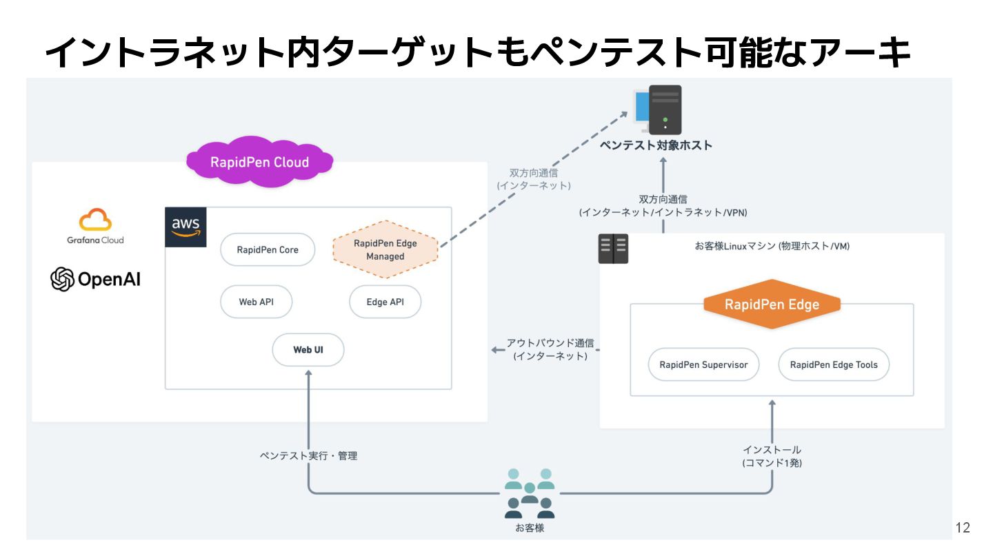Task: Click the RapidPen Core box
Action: (268, 250)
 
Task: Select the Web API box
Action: (257, 302)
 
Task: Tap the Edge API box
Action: (385, 302)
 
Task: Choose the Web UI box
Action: (308, 350)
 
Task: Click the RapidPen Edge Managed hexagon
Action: (385, 249)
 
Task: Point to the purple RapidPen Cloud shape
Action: (259, 163)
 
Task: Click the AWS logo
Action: (185, 227)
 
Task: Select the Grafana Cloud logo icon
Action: (95, 220)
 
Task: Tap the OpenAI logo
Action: (95, 279)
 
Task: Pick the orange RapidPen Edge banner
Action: (772, 304)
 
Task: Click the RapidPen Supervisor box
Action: (703, 364)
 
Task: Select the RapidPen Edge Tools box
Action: (834, 364)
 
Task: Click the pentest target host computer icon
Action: (658, 110)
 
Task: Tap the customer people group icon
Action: (529, 493)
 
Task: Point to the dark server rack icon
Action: (613, 249)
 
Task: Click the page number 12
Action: (963, 528)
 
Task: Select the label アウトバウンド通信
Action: (550, 342)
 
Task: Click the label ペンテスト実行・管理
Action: (308, 455)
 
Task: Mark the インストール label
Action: (772, 450)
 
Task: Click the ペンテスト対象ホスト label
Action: (655, 145)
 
